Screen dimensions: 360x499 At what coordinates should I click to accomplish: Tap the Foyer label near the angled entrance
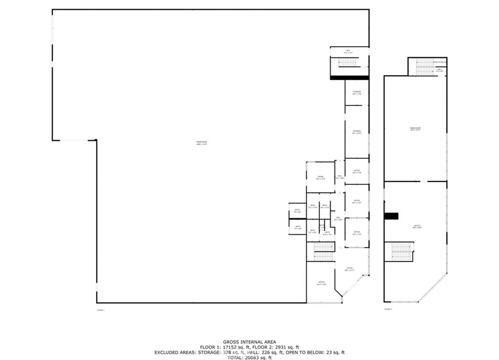pyautogui.click(x=349, y=269)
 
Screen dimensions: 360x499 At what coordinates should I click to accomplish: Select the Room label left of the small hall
pyautogui.click(x=320, y=177)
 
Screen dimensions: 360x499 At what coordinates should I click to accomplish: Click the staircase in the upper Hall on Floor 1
pyautogui.click(x=348, y=62)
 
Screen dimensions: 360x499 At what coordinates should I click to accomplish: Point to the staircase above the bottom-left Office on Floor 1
pyautogui.click(x=322, y=252)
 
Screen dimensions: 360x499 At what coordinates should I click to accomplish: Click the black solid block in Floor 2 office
pyautogui.click(x=391, y=216)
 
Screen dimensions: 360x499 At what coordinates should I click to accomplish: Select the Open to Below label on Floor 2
pyautogui.click(x=440, y=62)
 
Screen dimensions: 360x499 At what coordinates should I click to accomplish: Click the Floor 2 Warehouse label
pyautogui.click(x=415, y=129)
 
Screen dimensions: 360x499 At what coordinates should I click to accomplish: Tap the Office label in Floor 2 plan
pyautogui.click(x=417, y=227)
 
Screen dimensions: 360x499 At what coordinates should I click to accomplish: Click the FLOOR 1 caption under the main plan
pyautogui.click(x=101, y=310)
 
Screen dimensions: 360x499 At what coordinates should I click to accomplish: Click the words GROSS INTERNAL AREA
pyautogui.click(x=249, y=342)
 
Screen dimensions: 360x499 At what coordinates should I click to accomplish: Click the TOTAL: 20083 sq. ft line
pyautogui.click(x=249, y=357)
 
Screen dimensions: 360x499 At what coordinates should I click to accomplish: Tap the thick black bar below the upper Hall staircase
pyautogui.click(x=349, y=77)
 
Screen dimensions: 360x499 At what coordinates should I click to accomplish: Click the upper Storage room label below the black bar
pyautogui.click(x=357, y=93)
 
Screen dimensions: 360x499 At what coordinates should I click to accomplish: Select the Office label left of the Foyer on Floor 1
pyautogui.click(x=321, y=283)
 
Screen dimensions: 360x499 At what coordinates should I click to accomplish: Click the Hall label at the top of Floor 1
pyautogui.click(x=348, y=51)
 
